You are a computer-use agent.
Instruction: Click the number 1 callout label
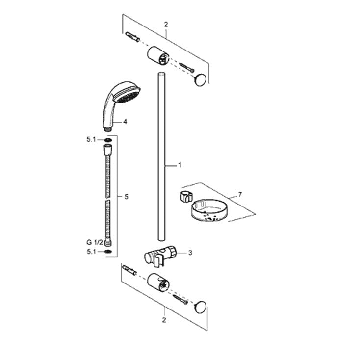(180, 165)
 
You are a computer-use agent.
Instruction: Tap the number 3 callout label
(190, 253)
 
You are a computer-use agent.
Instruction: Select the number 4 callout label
(125, 122)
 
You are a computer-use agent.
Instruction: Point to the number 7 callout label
(240, 195)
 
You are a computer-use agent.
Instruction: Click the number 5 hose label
(127, 197)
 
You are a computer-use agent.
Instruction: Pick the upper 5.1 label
(91, 139)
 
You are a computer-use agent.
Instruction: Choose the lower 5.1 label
(91, 252)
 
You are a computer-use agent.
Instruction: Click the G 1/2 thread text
(95, 242)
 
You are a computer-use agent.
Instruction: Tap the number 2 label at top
(166, 25)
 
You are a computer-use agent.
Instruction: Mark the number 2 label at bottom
(164, 320)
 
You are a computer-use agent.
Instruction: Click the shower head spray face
(128, 95)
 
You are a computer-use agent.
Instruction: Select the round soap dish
(208, 211)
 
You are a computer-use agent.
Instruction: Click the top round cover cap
(201, 79)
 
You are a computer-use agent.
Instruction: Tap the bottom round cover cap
(200, 307)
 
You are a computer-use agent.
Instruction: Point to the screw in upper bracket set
(187, 67)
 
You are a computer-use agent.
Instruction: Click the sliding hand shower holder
(160, 256)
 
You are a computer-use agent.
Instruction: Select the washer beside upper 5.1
(108, 140)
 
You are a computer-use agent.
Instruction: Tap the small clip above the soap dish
(185, 196)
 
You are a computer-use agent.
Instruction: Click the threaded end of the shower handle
(107, 129)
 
